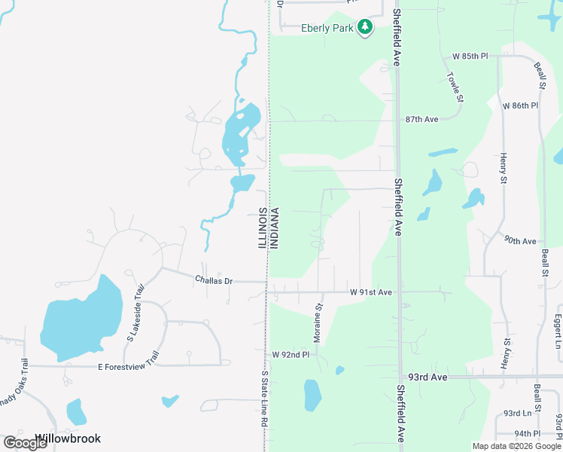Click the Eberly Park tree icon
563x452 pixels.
point(365,27)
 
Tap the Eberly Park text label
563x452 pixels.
point(328,29)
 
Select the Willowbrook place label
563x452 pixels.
point(68,438)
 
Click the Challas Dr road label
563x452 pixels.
point(214,280)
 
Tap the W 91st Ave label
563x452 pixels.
point(371,292)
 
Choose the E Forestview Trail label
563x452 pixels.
point(129,366)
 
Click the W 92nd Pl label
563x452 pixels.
point(291,354)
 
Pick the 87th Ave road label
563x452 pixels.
point(421,120)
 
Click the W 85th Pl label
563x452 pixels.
point(470,56)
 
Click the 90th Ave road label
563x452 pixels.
point(520,241)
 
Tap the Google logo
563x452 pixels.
point(26,443)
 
